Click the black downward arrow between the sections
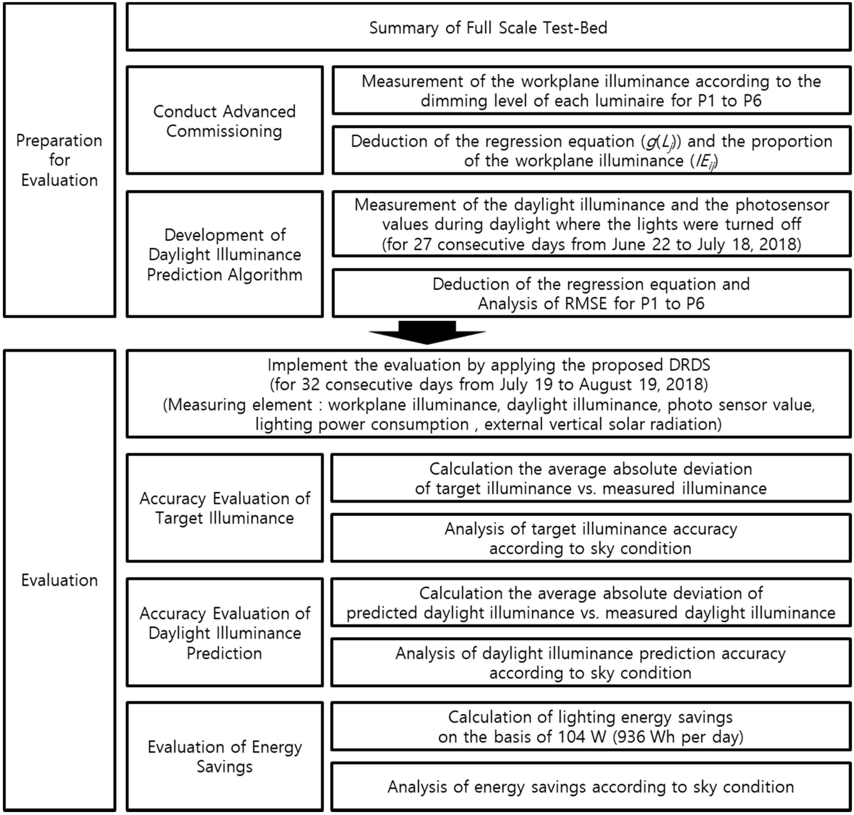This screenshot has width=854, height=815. pyautogui.click(x=427, y=333)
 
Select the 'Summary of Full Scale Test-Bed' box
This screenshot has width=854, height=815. pyautogui.click(x=488, y=28)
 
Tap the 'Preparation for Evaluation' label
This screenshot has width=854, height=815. pyautogui.click(x=59, y=160)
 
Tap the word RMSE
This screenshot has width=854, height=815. pyautogui.click(x=585, y=303)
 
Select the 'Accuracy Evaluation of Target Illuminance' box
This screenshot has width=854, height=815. pyautogui.click(x=224, y=508)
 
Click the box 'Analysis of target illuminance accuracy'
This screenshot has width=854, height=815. pyautogui.click(x=590, y=538)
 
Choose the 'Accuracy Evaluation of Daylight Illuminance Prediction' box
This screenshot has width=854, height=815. pyautogui.click(x=224, y=633)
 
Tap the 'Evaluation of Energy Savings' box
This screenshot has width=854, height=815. pyautogui.click(x=224, y=756)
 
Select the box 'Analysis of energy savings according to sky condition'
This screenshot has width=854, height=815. pyautogui.click(x=590, y=787)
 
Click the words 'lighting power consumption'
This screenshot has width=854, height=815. pyautogui.click(x=362, y=424)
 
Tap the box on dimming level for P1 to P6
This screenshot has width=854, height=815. pyautogui.click(x=591, y=91)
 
